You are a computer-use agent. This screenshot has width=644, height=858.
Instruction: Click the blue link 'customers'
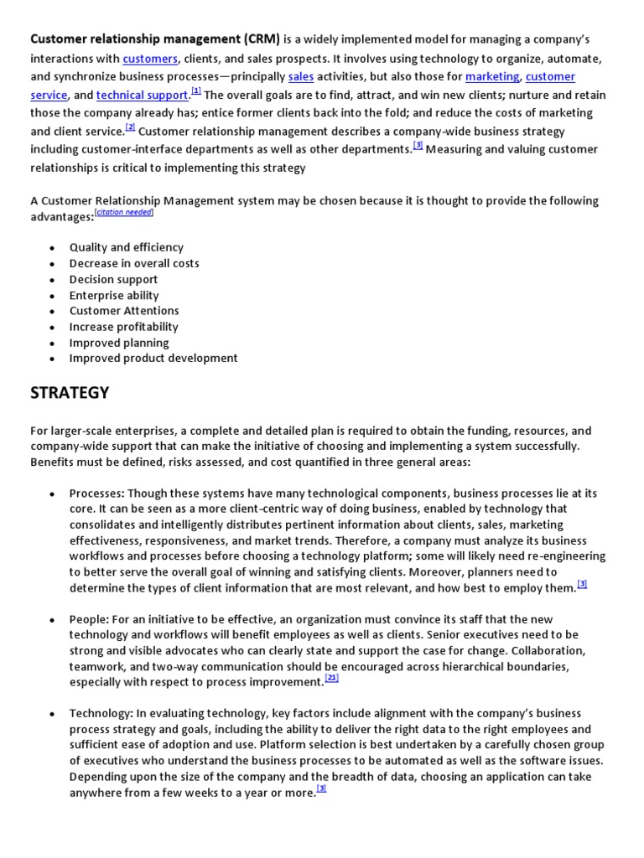click(x=150, y=58)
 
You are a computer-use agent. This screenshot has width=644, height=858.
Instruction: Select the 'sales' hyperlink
click(x=300, y=76)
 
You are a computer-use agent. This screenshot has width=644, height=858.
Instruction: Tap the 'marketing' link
click(x=492, y=76)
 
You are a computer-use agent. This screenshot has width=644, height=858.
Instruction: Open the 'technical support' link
click(x=142, y=95)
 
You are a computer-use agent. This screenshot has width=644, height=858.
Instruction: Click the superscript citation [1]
click(x=196, y=91)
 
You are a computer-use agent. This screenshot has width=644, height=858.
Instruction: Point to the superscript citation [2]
click(x=130, y=127)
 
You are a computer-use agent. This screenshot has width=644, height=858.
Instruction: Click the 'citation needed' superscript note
click(x=124, y=213)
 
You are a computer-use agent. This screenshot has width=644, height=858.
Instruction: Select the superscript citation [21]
click(x=331, y=678)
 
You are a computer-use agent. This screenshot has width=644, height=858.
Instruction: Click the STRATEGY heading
click(x=70, y=392)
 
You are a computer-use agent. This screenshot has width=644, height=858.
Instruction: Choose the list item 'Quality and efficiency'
click(x=126, y=247)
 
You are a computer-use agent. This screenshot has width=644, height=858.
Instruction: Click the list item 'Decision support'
click(x=113, y=279)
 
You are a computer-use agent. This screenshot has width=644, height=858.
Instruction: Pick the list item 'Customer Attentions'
click(x=124, y=311)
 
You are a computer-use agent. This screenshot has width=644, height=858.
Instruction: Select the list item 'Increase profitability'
click(x=123, y=327)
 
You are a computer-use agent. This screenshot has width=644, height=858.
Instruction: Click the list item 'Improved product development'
click(x=153, y=358)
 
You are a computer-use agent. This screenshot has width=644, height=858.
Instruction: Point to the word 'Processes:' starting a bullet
click(x=96, y=493)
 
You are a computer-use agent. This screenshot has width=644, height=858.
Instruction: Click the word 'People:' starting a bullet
click(x=88, y=619)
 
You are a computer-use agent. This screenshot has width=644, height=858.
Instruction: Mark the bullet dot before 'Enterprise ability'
click(x=52, y=296)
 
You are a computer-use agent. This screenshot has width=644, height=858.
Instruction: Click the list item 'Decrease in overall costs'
click(x=134, y=263)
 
